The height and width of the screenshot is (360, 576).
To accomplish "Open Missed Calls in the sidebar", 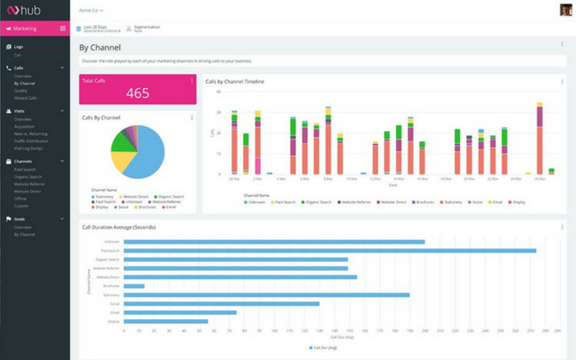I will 25,97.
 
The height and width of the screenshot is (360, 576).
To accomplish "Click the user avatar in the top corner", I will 562,10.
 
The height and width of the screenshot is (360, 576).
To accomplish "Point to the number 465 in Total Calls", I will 138,94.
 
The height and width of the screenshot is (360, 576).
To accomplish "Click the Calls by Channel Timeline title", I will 235,81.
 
